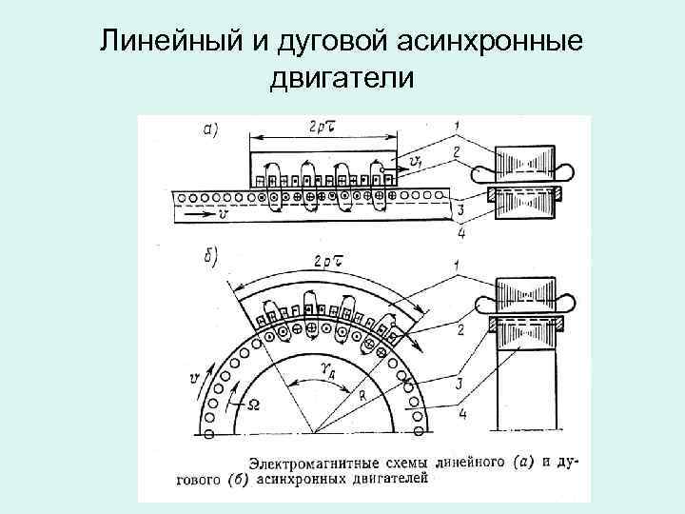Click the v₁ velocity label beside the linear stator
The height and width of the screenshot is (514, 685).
pyautogui.click(x=415, y=163)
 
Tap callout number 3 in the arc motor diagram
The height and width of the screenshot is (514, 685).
pyautogui.click(x=459, y=383)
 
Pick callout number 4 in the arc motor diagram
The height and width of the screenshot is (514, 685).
pyautogui.click(x=459, y=414)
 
